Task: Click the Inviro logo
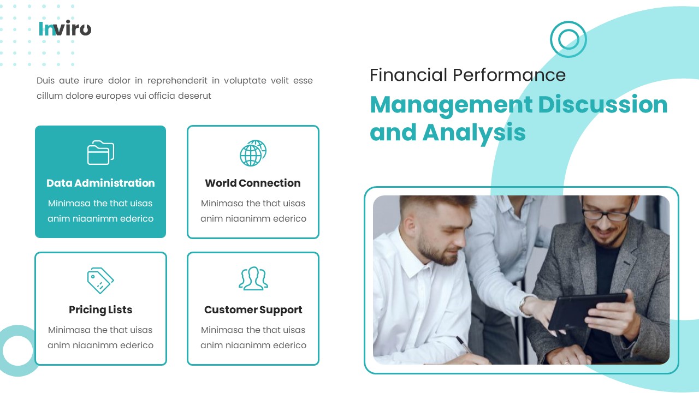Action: (x=65, y=28)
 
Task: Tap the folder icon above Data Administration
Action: (x=100, y=153)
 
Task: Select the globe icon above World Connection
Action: (x=253, y=153)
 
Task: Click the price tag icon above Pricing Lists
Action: (x=100, y=281)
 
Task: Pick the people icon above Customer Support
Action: (x=253, y=278)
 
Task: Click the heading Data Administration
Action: (x=100, y=183)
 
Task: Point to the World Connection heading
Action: (x=253, y=183)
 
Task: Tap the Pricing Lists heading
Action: (x=100, y=310)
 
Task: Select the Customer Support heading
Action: (x=253, y=310)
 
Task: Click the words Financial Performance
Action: (x=467, y=75)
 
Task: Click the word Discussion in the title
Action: (x=603, y=104)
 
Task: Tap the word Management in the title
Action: (x=451, y=104)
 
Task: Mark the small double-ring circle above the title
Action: (x=568, y=39)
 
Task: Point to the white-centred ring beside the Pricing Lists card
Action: (x=18, y=350)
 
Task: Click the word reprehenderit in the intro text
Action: (x=177, y=81)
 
